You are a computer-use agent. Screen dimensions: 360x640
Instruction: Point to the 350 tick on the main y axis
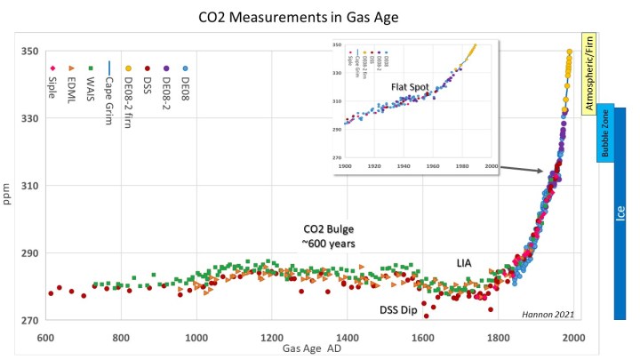coord(29,52)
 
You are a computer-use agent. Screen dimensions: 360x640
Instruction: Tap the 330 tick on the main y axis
coord(29,118)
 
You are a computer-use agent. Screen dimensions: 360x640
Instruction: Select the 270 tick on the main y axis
coord(29,320)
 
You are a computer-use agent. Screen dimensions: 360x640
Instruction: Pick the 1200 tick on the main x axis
coord(272,338)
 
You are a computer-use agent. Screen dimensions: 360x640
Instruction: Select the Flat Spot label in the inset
coord(411,88)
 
